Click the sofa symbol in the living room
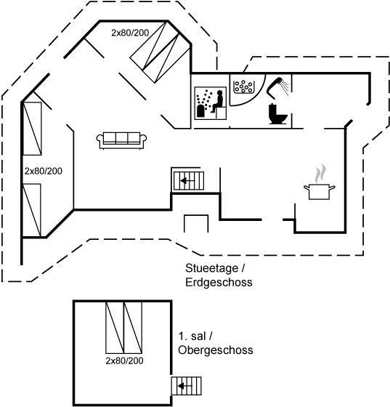121,140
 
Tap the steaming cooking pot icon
320,182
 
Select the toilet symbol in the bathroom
277,114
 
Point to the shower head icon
277,87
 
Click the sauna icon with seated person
211,103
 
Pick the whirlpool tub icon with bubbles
243,86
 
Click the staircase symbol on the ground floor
189,181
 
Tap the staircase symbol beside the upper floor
186,386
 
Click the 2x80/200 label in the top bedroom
130,33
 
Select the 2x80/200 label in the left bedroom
44,171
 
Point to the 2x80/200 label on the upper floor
124,360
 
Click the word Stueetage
211,268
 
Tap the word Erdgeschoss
219,282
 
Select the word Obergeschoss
216,350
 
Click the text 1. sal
192,336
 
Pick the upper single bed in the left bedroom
33,129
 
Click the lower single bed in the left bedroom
32,210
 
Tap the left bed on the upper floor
115,328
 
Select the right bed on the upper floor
133,328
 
